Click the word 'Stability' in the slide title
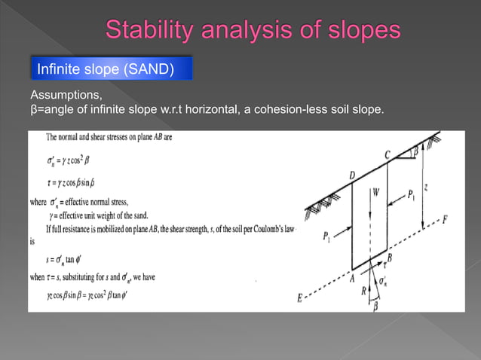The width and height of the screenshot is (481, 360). point(146,30)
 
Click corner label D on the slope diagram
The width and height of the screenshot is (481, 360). point(352,175)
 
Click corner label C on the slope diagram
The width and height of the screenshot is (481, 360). point(388,154)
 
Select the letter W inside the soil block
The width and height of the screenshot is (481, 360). point(375,191)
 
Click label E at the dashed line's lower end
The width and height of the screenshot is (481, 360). point(300,298)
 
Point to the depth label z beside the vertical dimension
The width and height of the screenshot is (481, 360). point(426,187)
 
